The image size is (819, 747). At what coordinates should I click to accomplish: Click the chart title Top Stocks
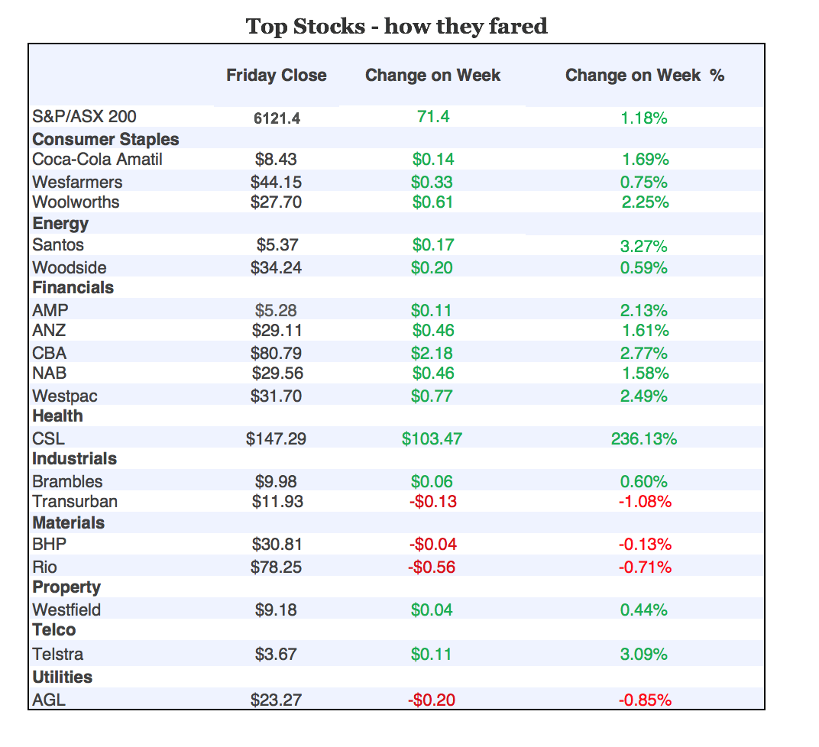click(x=397, y=27)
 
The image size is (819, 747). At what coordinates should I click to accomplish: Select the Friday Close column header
click(x=277, y=76)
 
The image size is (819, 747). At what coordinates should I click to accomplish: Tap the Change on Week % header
click(x=644, y=76)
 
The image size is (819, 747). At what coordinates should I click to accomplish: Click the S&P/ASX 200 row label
click(x=84, y=117)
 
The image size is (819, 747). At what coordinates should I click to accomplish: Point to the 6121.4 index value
click(x=277, y=118)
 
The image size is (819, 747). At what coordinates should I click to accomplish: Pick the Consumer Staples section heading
click(x=105, y=139)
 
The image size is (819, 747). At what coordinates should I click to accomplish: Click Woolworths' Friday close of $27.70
click(x=277, y=202)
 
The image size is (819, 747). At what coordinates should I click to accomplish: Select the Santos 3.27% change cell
click(x=644, y=246)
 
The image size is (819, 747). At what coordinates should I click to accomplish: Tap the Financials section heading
click(x=73, y=288)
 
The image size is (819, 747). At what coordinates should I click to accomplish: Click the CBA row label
click(x=49, y=353)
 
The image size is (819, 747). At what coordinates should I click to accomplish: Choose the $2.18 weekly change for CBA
click(x=432, y=353)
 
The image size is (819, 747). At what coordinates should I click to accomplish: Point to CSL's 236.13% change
click(x=644, y=439)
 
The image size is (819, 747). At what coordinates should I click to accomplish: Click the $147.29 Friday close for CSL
click(x=277, y=439)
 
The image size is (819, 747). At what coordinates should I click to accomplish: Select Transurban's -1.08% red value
click(x=644, y=502)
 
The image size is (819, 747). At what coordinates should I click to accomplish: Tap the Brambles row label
click(x=67, y=482)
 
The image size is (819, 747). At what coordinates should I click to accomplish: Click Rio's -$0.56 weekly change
click(x=432, y=568)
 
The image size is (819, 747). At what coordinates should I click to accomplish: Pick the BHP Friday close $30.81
click(x=277, y=545)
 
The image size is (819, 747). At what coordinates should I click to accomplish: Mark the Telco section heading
click(x=53, y=630)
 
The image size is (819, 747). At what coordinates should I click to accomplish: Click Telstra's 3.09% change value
click(x=644, y=655)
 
